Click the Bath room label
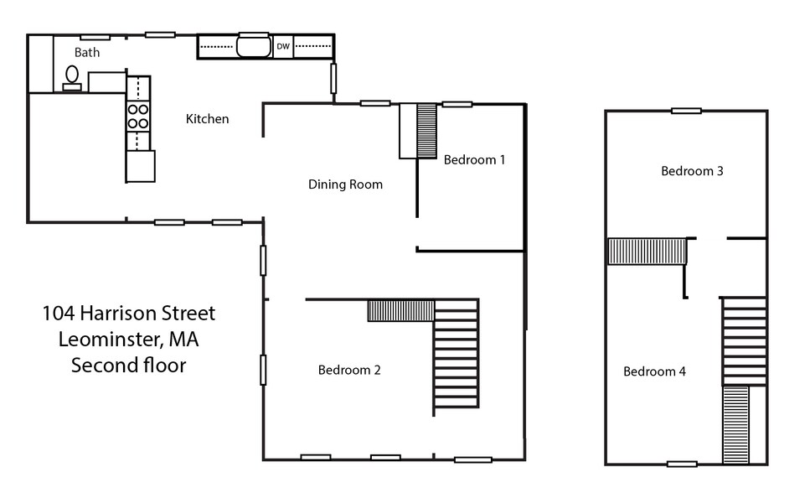pos(87,52)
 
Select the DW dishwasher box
pos(283,46)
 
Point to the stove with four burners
pos(138,116)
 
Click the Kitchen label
pos(207,119)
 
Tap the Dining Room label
pos(345,184)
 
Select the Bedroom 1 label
pos(474,159)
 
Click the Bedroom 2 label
pos(349,370)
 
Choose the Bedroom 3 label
pos(692,171)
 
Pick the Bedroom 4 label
pos(654,371)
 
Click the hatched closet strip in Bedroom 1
pos(427,131)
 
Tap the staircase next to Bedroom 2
pos(456,356)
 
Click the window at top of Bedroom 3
pos(686,111)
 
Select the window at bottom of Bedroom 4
pos(682,464)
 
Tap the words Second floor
pos(128,366)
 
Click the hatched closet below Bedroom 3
pos(647,252)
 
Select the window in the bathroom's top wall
pos(95,36)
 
